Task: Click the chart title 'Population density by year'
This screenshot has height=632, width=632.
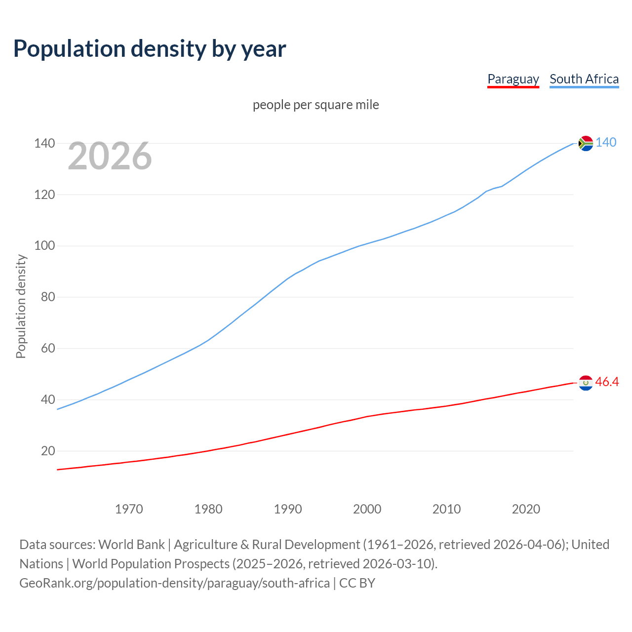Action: [150, 48]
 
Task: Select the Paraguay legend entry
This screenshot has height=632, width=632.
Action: [513, 79]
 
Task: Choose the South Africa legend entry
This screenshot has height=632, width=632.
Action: [584, 79]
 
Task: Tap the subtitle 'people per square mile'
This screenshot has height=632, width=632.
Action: [316, 105]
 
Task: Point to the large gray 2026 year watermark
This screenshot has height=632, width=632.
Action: [110, 156]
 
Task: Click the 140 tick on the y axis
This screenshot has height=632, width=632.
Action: [44, 143]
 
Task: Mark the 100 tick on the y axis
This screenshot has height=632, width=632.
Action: [44, 246]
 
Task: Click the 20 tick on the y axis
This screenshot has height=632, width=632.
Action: [47, 451]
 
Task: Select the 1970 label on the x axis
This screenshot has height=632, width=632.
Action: [129, 509]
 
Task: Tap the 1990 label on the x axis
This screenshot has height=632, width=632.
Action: [288, 509]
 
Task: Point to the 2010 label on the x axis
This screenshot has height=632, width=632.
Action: [446, 509]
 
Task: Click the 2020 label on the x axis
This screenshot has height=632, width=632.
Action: [526, 509]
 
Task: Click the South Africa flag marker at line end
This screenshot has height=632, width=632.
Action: [586, 143]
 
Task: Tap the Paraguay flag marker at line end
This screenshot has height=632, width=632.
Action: [586, 383]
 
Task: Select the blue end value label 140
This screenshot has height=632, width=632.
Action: [606, 143]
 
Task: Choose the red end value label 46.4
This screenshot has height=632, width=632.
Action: [607, 382]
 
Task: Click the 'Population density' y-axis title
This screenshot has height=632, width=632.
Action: [21, 306]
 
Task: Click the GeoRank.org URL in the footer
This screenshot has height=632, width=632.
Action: [174, 583]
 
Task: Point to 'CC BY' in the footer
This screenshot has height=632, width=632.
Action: [357, 583]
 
